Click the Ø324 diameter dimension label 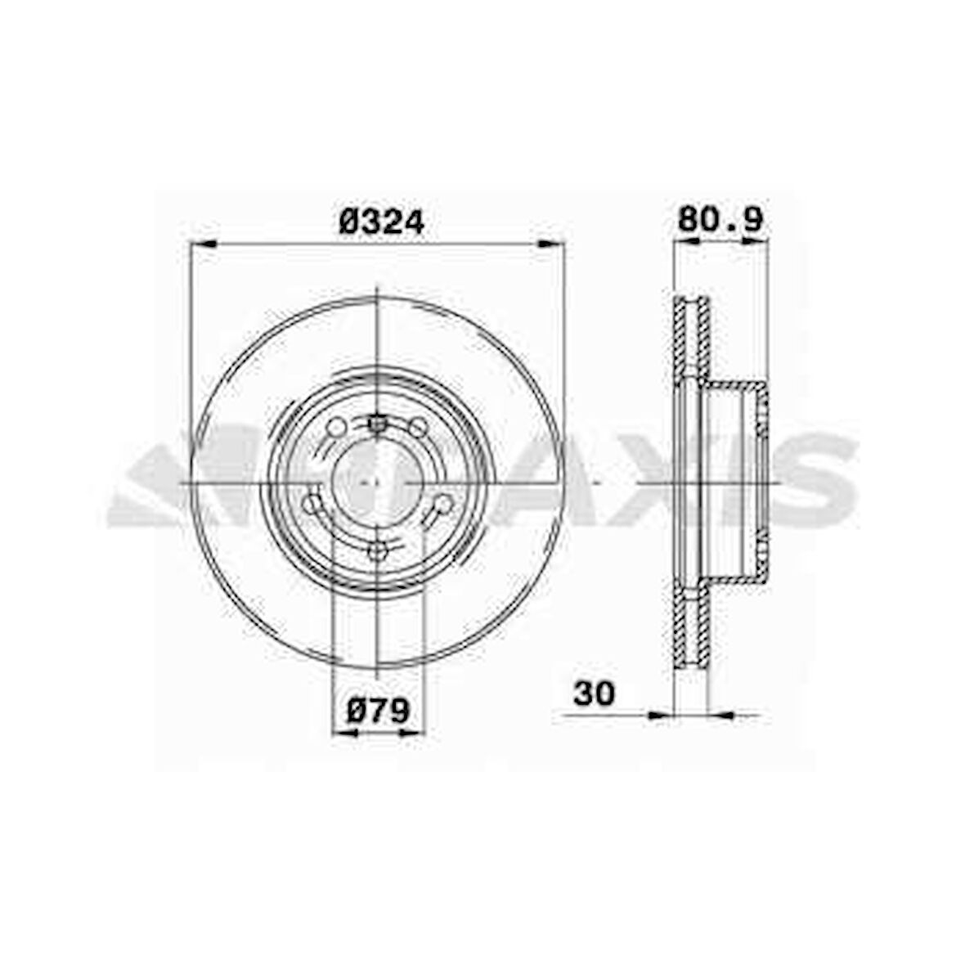pyautogui.click(x=381, y=222)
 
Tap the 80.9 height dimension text pyautogui.click(x=720, y=219)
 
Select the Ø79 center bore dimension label pyautogui.click(x=378, y=711)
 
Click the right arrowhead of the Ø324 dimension pyautogui.click(x=550, y=243)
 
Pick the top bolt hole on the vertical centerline pyautogui.click(x=376, y=424)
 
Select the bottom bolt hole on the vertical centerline pyautogui.click(x=376, y=552)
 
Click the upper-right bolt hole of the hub pyautogui.click(x=418, y=427)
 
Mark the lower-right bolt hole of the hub pyautogui.click(x=442, y=504)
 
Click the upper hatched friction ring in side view pyautogui.click(x=691, y=335)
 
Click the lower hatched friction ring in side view pyautogui.click(x=691, y=630)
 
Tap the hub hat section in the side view pyautogui.click(x=736, y=482)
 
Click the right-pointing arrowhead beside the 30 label pyautogui.click(x=659, y=715)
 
